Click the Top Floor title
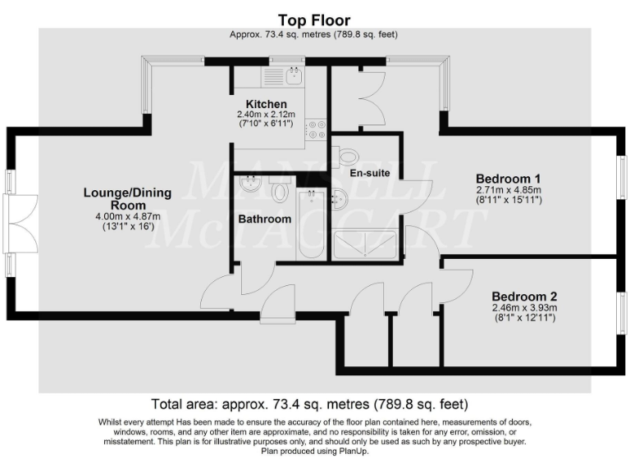(x=314, y=20)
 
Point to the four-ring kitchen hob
(x=317, y=129)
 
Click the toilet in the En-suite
(x=346, y=155)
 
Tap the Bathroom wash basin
(x=249, y=188)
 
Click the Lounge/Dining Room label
(x=127, y=199)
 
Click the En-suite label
(x=369, y=174)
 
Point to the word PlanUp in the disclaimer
(x=354, y=451)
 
